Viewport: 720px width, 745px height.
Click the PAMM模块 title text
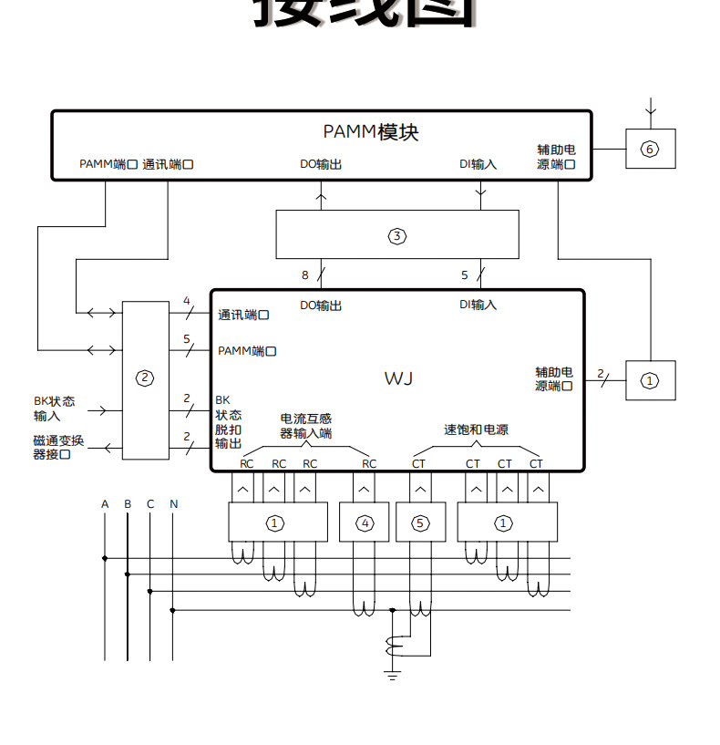(371, 132)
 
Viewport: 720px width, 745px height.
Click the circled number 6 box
(650, 149)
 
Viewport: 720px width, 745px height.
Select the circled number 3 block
(397, 235)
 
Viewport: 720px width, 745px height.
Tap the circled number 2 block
(146, 378)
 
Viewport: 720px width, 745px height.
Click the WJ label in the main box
(398, 378)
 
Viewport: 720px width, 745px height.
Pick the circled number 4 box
(365, 523)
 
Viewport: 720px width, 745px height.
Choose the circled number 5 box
(419, 523)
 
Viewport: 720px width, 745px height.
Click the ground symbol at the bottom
(393, 674)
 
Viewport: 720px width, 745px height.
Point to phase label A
(105, 504)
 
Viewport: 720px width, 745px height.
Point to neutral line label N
(173, 504)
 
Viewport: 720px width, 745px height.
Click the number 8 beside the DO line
(305, 274)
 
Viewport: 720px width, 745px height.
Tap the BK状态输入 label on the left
(55, 409)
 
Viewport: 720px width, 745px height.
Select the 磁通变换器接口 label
(58, 447)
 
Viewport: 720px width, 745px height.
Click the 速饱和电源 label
(477, 429)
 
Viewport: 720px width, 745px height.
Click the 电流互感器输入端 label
(305, 426)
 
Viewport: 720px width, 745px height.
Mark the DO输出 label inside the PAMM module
(321, 165)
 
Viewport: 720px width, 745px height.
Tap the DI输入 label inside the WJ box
(478, 305)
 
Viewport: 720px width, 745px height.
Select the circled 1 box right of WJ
(650, 380)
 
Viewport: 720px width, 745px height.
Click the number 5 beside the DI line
(464, 274)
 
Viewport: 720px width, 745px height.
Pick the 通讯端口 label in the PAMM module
(169, 165)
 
